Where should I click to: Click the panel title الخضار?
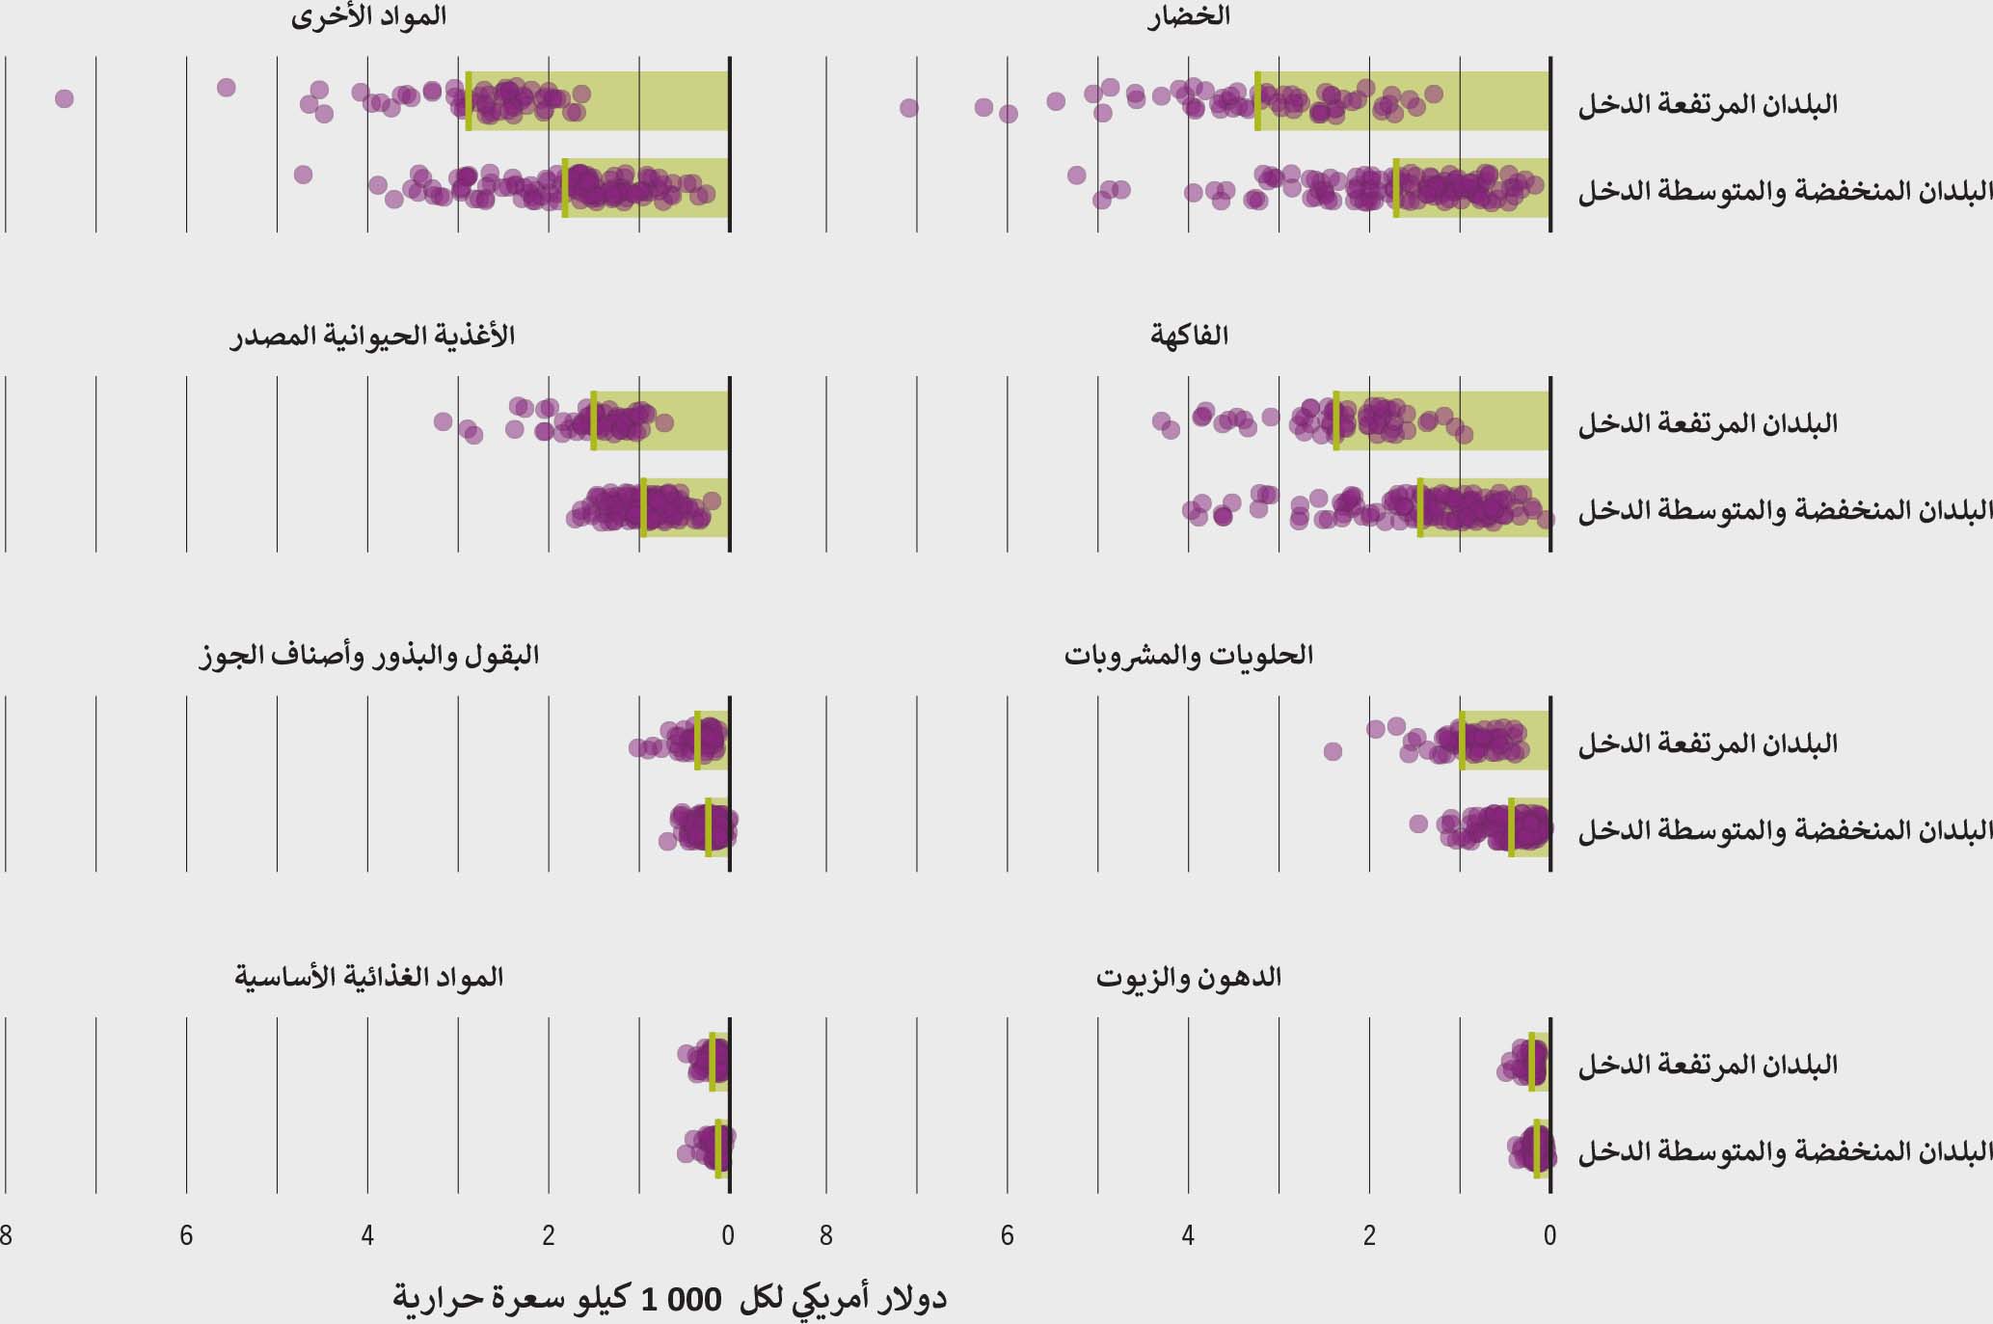tap(1189, 16)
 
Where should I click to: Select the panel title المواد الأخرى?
tap(368, 16)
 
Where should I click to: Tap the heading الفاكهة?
tap(1189, 336)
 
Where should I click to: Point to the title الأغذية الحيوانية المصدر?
tap(372, 336)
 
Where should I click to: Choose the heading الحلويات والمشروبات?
tap(1189, 656)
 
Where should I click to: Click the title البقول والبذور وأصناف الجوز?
tap(368, 656)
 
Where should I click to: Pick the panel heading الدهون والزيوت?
tap(1189, 977)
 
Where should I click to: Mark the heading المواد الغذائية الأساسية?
tap(368, 977)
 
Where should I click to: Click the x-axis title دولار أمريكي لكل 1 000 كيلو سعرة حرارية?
tap(669, 1298)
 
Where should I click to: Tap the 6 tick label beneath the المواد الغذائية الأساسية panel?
tap(186, 1236)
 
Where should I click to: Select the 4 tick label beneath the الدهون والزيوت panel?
tap(1188, 1236)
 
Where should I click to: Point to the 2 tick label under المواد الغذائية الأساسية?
tap(549, 1236)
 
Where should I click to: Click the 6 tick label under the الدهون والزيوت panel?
tap(1007, 1236)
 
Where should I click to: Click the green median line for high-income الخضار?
tap(1257, 100)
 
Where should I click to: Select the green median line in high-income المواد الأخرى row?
tap(469, 100)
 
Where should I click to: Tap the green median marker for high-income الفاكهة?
tap(1336, 420)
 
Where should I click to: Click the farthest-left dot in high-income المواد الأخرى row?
tap(65, 98)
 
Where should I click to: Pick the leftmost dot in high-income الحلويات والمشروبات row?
tap(1333, 751)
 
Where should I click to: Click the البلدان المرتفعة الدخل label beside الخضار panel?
tap(1707, 104)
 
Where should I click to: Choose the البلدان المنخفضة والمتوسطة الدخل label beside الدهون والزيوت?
tap(1785, 1151)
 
